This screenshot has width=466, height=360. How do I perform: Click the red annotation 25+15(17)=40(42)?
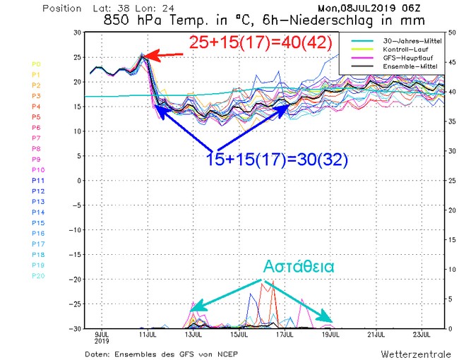click(260, 42)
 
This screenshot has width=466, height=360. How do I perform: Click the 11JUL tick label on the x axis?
click(146, 334)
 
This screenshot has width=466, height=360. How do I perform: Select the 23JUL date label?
click(422, 334)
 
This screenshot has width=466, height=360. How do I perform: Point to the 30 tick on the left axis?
click(76, 33)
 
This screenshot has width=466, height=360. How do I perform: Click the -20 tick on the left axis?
click(74, 279)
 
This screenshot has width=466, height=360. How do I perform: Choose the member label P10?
click(39, 170)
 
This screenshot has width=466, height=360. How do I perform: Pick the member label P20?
click(39, 276)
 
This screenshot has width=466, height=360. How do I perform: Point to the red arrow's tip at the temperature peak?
click(144, 54)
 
